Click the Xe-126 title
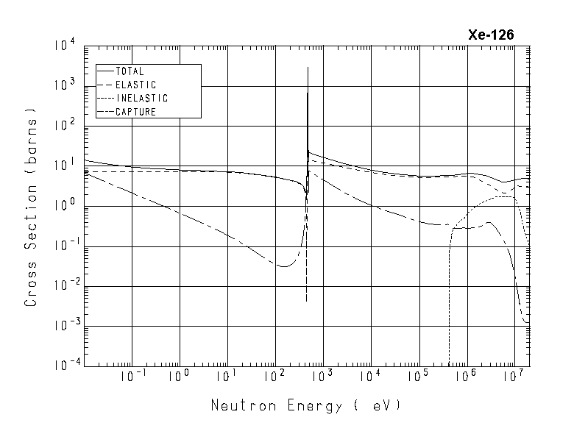491,35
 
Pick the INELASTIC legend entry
142,99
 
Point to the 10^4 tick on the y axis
65,46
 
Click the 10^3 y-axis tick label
65,85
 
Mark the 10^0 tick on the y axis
65,206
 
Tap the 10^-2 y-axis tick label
63,286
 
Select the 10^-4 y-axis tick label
63,366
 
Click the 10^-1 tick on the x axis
130,376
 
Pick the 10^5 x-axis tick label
417,376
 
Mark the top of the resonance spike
307,68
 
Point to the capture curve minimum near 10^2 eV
283,266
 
